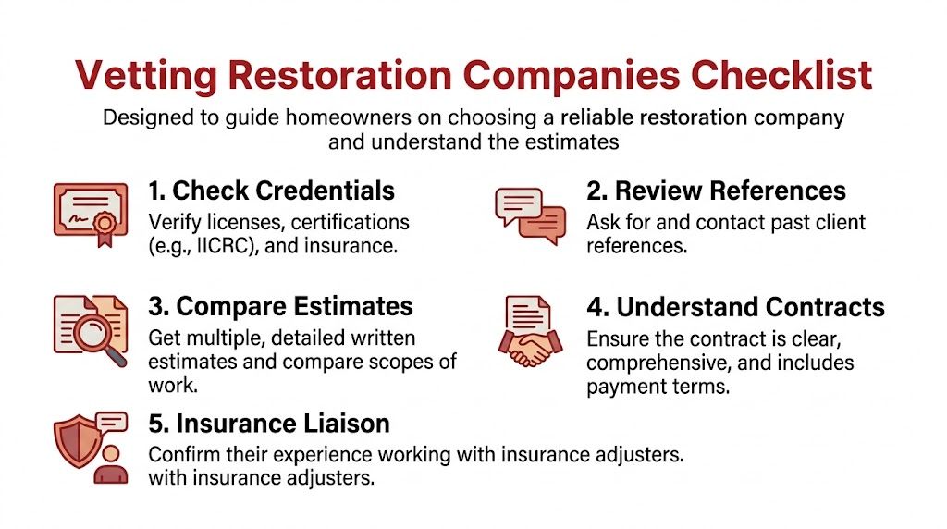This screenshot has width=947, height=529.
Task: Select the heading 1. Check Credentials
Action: [271, 191]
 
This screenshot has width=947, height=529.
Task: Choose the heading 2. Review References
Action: [716, 191]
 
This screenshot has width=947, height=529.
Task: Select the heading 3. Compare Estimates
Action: [280, 307]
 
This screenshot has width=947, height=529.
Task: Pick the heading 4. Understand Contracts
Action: [735, 307]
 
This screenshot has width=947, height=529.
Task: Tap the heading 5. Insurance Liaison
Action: [269, 424]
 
